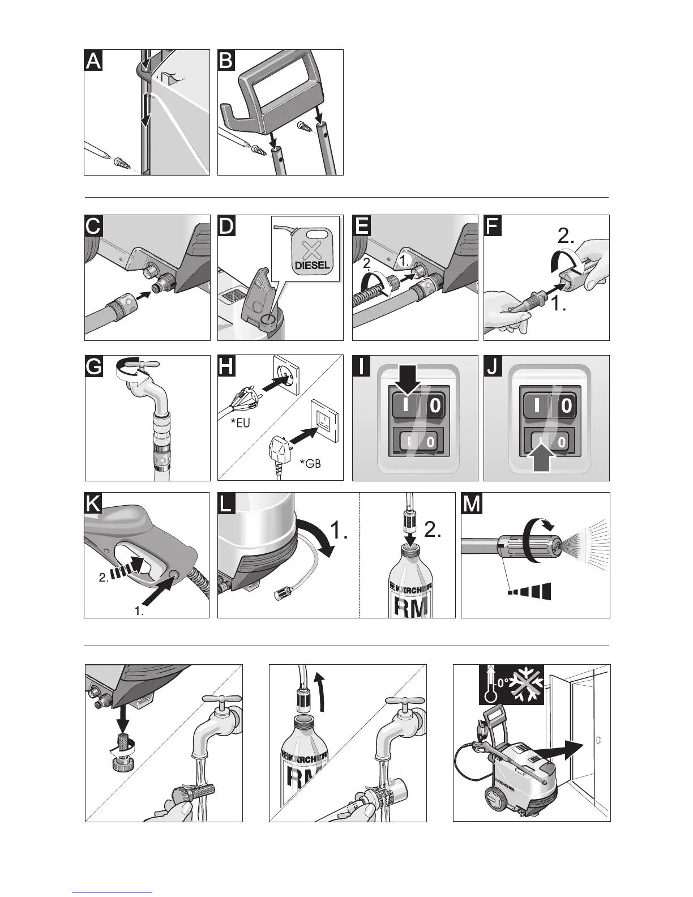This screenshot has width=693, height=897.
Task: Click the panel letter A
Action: (93, 61)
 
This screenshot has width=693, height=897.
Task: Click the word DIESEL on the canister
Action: (313, 265)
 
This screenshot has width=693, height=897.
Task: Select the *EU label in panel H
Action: (240, 422)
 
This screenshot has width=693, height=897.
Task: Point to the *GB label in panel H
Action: (310, 464)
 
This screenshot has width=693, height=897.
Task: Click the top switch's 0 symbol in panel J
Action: (566, 406)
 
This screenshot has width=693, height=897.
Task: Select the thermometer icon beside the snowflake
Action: (490, 685)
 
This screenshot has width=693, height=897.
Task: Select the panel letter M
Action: (472, 503)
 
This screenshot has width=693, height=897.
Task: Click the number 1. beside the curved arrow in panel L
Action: (340, 530)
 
